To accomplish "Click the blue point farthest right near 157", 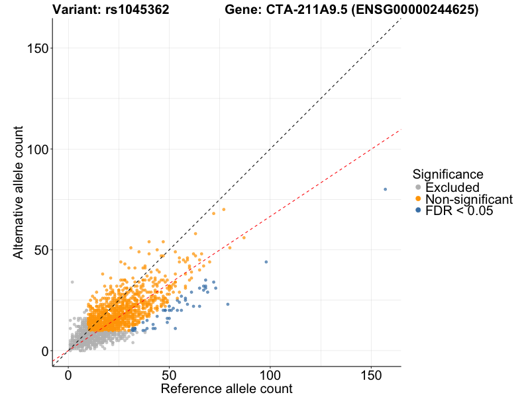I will coord(385,189).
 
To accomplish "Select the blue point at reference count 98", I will coord(266,262).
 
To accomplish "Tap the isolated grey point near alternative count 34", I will coord(72,282).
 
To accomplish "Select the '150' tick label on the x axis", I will coord(371,375).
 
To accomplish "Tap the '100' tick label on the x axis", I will coord(270,375).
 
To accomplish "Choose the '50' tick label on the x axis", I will coord(169,375).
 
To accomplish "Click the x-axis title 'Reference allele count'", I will coord(226,388).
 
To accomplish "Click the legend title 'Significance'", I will coord(447,174).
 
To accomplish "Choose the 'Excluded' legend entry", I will coord(452,188).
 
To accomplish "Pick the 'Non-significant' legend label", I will coord(469,199).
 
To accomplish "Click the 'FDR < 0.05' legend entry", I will coord(459,210).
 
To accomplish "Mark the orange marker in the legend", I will coord(417,199).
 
